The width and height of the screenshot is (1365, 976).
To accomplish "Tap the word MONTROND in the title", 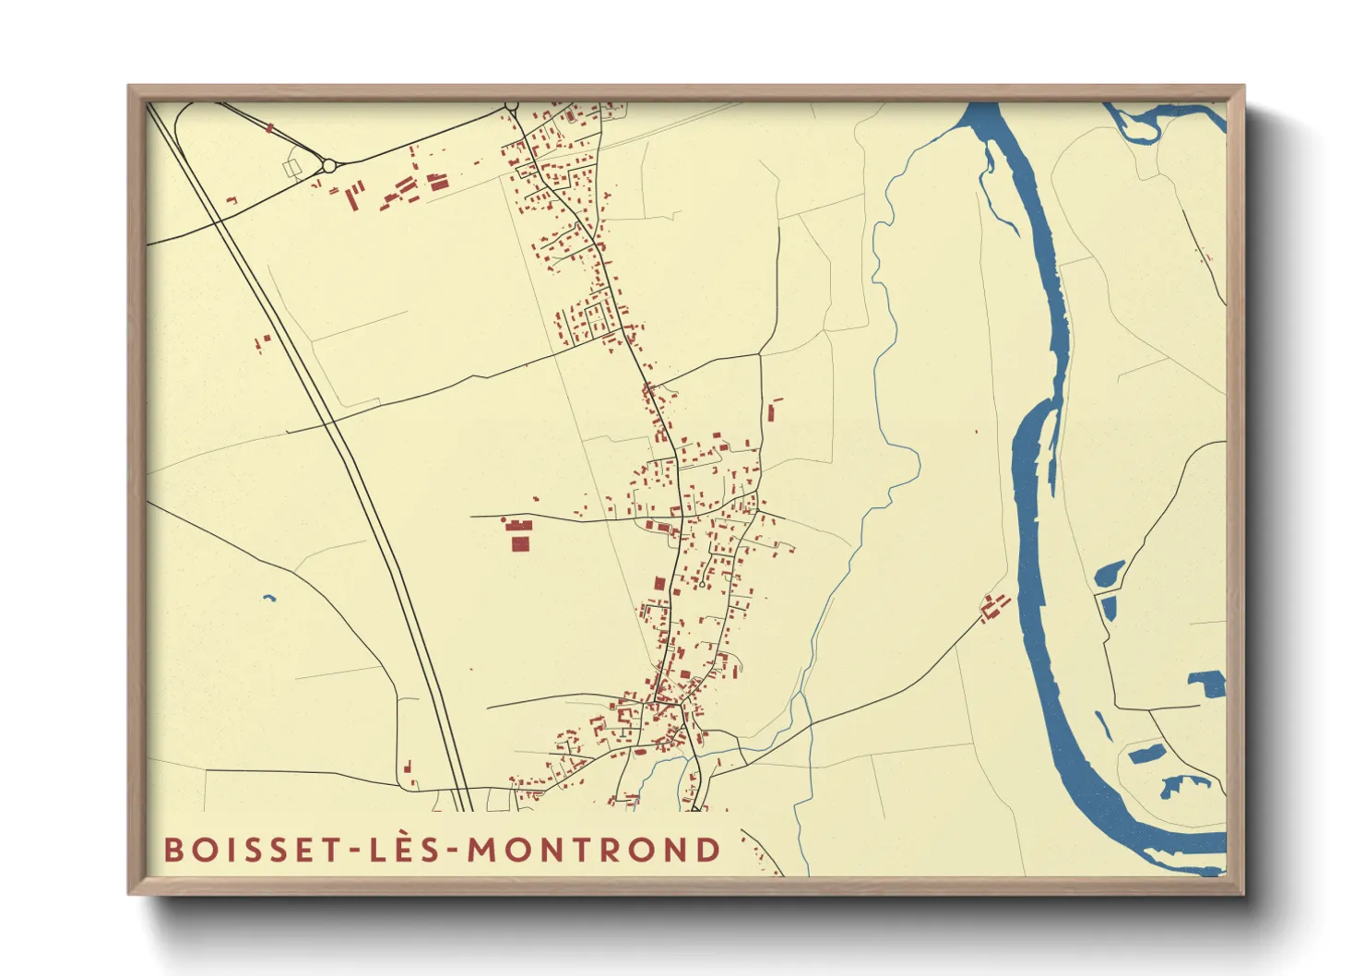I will pyautogui.click(x=594, y=850).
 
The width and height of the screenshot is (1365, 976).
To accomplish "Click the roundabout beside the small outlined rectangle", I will pyautogui.click(x=329, y=166).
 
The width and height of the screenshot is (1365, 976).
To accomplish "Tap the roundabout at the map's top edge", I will pyautogui.click(x=512, y=106).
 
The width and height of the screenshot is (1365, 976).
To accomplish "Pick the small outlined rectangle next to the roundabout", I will pyautogui.click(x=293, y=168).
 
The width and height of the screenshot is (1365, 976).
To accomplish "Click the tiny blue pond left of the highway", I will pyautogui.click(x=268, y=598).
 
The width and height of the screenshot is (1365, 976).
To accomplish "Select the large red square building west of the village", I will pyautogui.click(x=520, y=542).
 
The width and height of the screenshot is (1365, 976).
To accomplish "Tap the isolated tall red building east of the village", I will pyautogui.click(x=772, y=411).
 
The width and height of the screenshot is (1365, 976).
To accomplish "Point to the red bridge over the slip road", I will pyautogui.click(x=269, y=129).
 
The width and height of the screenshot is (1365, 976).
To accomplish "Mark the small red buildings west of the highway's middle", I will pyautogui.click(x=263, y=343).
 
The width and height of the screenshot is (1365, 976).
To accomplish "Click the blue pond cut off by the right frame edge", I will pyautogui.click(x=1208, y=684).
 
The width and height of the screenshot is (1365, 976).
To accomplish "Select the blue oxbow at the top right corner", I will pyautogui.click(x=1153, y=120).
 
